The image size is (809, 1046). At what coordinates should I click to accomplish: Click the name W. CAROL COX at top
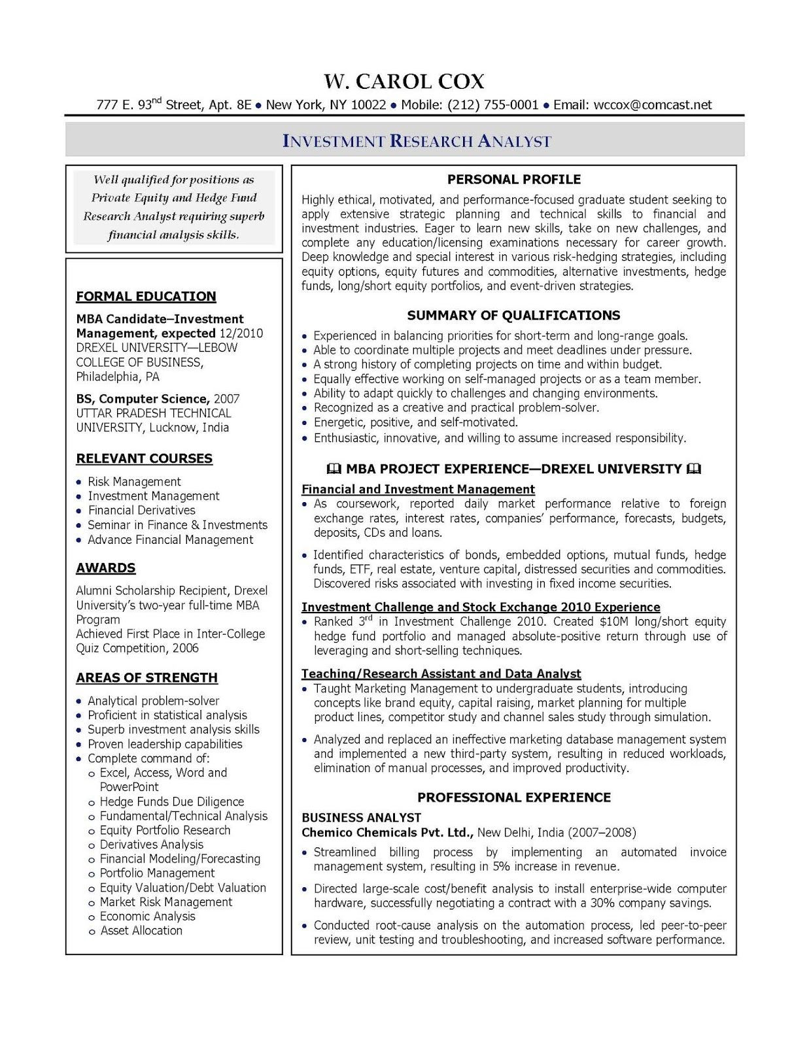pos(404,82)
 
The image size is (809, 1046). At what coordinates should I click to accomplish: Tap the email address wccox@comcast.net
pos(652,105)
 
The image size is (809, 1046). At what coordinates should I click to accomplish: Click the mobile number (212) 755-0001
pos(493,105)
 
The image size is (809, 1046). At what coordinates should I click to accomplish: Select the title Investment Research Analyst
pos(417,141)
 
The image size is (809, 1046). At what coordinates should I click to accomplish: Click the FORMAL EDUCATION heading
pos(146,297)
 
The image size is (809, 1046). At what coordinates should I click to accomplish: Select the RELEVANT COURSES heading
pos(144,459)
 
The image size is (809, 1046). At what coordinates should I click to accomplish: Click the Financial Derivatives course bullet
pos(141,511)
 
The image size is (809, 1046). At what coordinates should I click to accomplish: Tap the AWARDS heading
pos(105,568)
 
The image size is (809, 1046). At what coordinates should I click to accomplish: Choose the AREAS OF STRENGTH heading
pos(146,678)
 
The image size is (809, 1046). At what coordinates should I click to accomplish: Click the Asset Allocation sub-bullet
pos(141,931)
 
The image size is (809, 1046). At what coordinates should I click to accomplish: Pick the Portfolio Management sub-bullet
pos(157,873)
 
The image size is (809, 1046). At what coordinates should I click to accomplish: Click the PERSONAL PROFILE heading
pos(513,179)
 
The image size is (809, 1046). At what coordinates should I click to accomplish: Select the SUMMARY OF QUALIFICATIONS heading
pos(513,316)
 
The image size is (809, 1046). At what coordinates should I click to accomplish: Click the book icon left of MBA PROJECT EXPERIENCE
pos(333,469)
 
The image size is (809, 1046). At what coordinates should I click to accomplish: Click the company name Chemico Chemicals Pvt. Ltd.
pos(387,833)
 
